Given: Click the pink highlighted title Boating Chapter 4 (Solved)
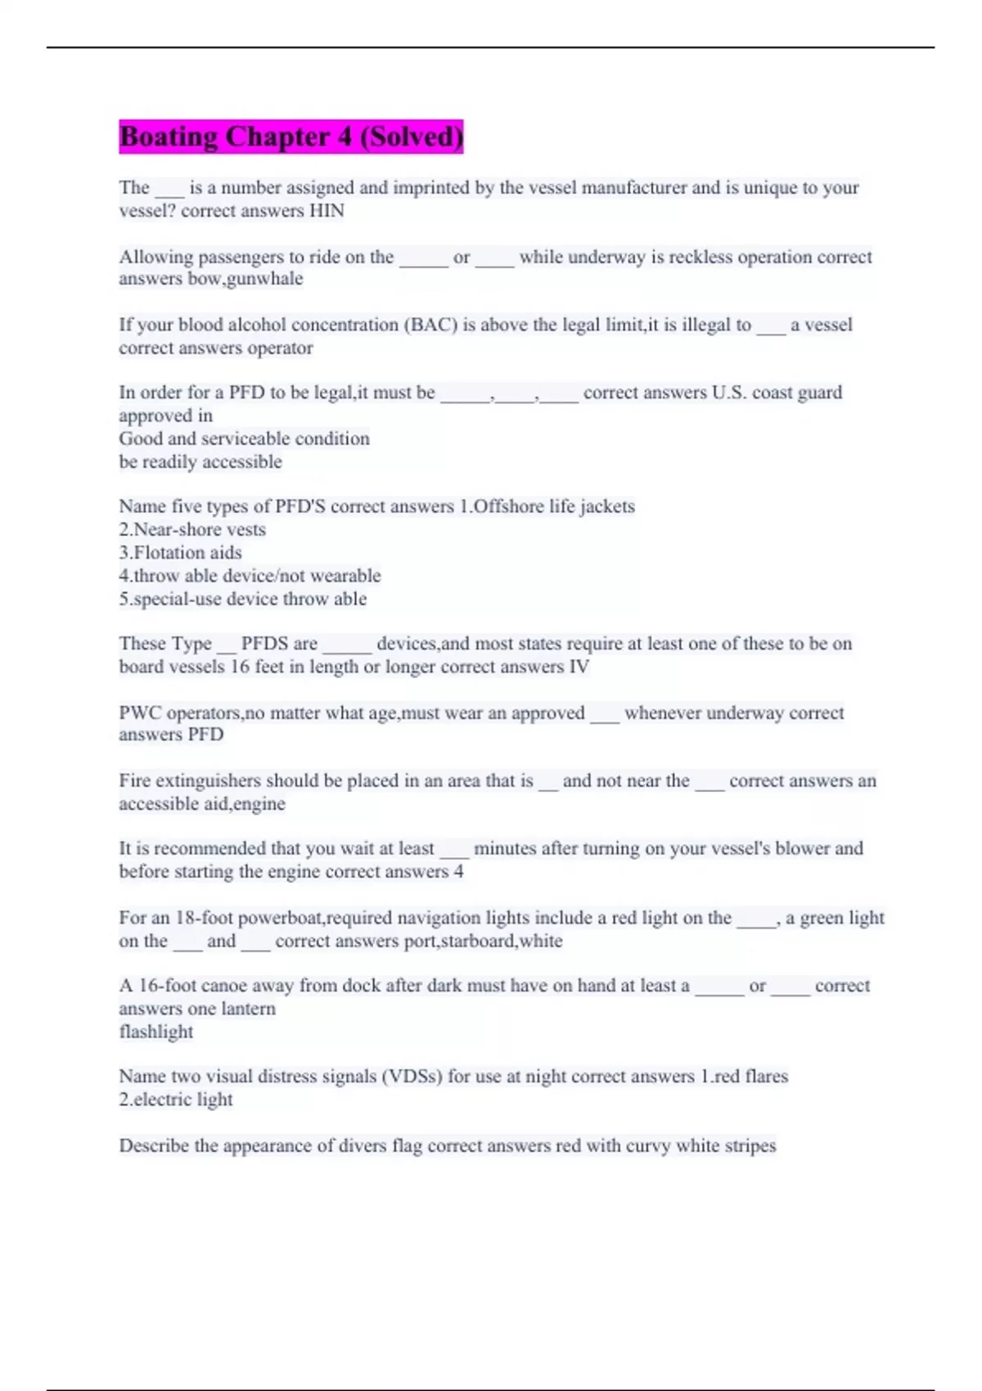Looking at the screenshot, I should point(291,136).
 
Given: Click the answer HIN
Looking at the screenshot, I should point(327,211).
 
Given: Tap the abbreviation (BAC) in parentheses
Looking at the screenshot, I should point(430,325).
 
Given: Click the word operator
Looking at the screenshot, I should point(280,348).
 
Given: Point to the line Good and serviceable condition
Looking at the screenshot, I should point(244,439).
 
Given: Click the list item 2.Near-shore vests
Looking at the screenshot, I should point(192,529).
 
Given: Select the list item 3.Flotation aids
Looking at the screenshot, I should point(180,552).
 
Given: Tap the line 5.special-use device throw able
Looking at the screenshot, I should point(242,599).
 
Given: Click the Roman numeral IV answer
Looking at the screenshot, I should point(579,667).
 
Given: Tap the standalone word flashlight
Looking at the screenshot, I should point(155,1032).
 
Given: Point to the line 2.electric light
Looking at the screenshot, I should point(176,1100).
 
